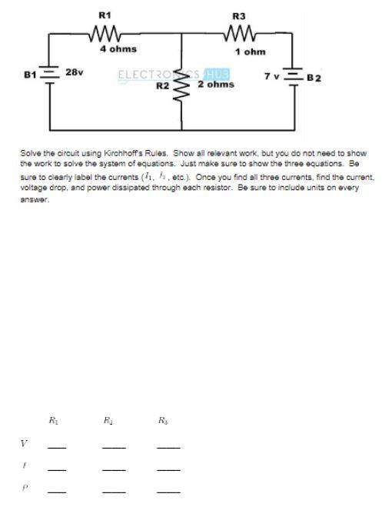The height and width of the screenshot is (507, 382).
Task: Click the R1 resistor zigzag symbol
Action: pos(103,33)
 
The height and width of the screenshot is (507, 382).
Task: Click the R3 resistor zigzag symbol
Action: pos(240,33)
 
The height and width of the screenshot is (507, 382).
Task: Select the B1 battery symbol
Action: pos(49,75)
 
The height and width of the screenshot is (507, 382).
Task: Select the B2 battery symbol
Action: pos(294,76)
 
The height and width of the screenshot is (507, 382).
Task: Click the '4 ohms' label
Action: pos(118,49)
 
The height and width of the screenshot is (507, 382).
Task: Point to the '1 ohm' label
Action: pos(251,52)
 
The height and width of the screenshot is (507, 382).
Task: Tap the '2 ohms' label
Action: pos(216,85)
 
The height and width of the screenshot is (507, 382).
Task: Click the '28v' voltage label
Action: pos(74,72)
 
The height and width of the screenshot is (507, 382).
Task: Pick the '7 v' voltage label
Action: pos(271,76)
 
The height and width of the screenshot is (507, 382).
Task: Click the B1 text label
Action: pos(30,75)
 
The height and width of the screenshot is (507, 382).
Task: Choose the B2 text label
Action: pos(314,78)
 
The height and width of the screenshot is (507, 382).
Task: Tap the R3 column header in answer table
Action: pos(162,420)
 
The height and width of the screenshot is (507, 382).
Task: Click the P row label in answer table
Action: pos(24,487)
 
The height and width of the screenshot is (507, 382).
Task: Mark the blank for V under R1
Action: pos(56,447)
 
